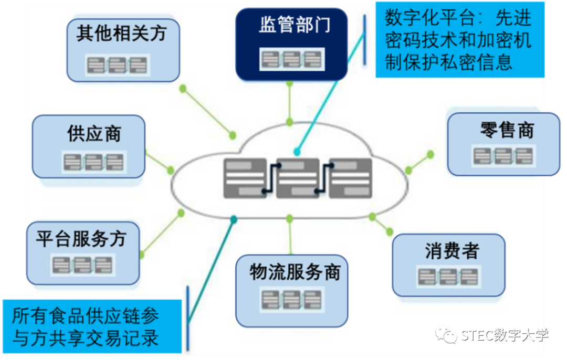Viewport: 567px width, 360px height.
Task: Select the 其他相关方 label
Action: click(121, 34)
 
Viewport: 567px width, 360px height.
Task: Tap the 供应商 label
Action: click(94, 134)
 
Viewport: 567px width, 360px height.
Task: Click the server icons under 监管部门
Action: click(292, 58)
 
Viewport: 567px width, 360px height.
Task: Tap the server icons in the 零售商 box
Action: click(503, 156)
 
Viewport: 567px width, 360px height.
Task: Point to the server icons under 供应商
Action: click(93, 162)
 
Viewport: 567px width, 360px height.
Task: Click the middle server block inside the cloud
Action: click(298, 178)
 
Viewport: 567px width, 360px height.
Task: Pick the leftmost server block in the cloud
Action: click(245, 178)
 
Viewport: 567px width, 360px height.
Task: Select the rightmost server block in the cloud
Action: click(351, 178)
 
